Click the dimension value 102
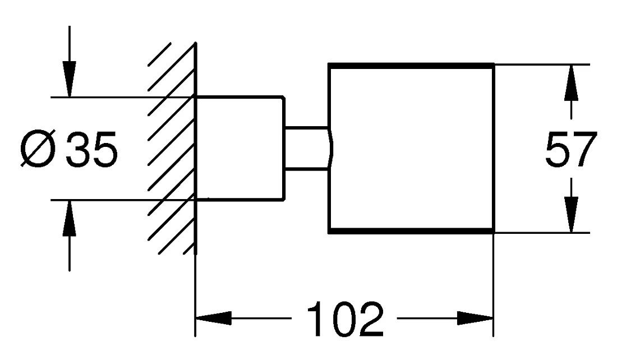pyautogui.click(x=345, y=319)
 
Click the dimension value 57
pyautogui.click(x=572, y=150)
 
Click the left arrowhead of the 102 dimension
pyautogui.click(x=213, y=318)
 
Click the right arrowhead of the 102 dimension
pyautogui.click(x=475, y=318)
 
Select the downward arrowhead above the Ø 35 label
pyautogui.click(x=70, y=79)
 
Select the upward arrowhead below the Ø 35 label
pyautogui.click(x=70, y=218)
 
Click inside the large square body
pyautogui.click(x=411, y=149)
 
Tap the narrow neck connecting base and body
pyautogui.click(x=306, y=149)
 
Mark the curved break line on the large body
pyautogui.click(x=330, y=149)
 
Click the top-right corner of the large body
pyautogui.click(x=494, y=64)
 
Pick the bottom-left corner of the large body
pyautogui.click(x=329, y=233)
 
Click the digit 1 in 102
pyautogui.click(x=316, y=320)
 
